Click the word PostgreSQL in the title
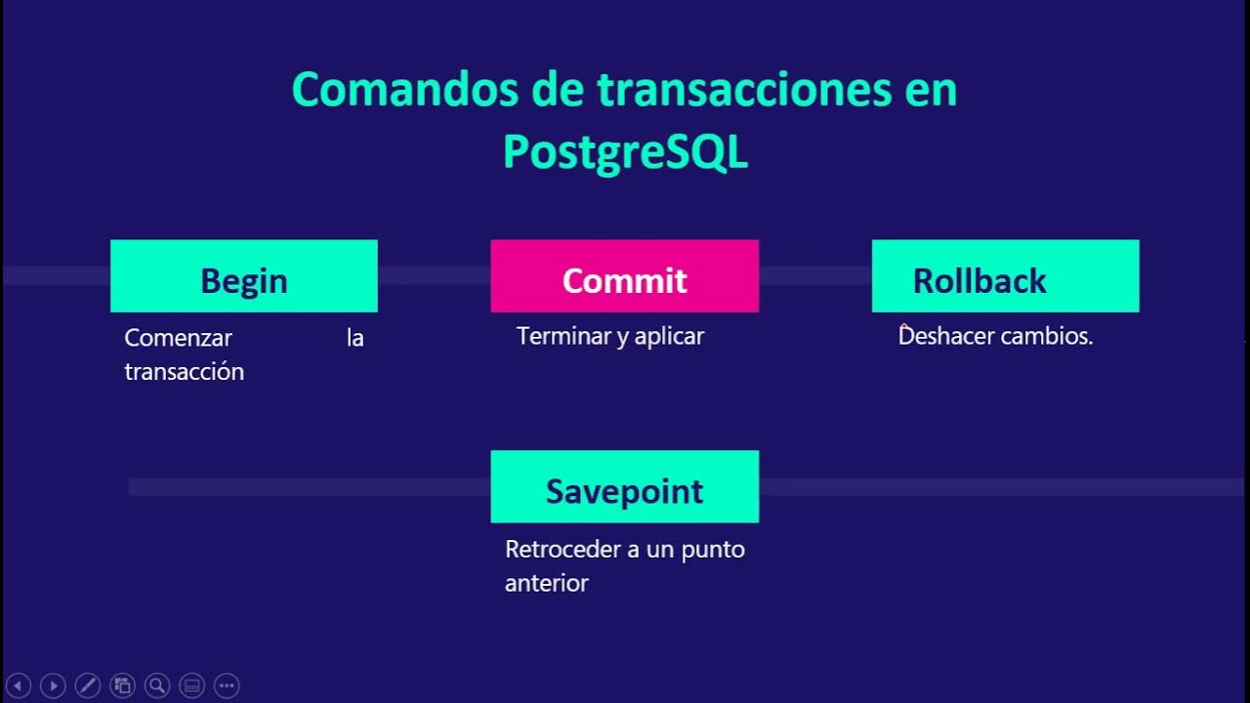pyautogui.click(x=625, y=153)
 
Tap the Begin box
pyautogui.click(x=244, y=276)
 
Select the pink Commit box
pyautogui.click(x=624, y=276)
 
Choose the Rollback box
pyautogui.click(x=1005, y=276)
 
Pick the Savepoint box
pyautogui.click(x=624, y=487)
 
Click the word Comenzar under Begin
pyautogui.click(x=178, y=338)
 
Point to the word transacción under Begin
pyautogui.click(x=184, y=372)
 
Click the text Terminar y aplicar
pyautogui.click(x=609, y=337)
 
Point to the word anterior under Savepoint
pyautogui.click(x=546, y=584)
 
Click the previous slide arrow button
pyautogui.click(x=20, y=685)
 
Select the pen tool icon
pyautogui.click(x=88, y=685)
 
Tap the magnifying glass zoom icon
pyautogui.click(x=157, y=685)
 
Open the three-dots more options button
pyautogui.click(x=227, y=685)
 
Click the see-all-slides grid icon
pyautogui.click(x=123, y=685)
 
